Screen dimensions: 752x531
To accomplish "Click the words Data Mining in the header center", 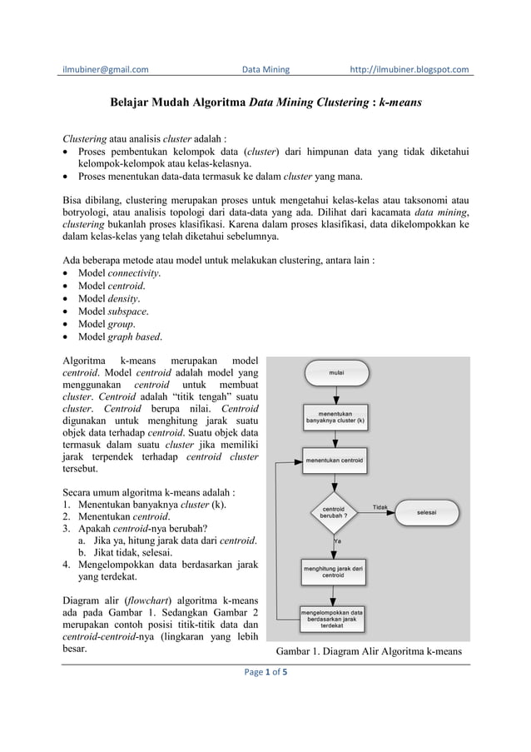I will pos(265,69).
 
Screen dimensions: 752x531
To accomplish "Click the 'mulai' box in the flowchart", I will pos(335,373).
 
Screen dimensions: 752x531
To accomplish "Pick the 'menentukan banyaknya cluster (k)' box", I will pos(335,416).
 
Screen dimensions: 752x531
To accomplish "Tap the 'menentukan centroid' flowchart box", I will pos(335,460).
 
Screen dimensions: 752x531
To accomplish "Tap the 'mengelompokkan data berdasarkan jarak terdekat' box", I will pos(335,619).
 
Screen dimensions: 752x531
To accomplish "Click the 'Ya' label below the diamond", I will pos(337,540).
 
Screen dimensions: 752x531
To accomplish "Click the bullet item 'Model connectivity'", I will pos(119,273).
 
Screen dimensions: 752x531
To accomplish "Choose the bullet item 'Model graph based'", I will pos(120,336).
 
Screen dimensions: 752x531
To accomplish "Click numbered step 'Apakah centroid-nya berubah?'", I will pos(142,528).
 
